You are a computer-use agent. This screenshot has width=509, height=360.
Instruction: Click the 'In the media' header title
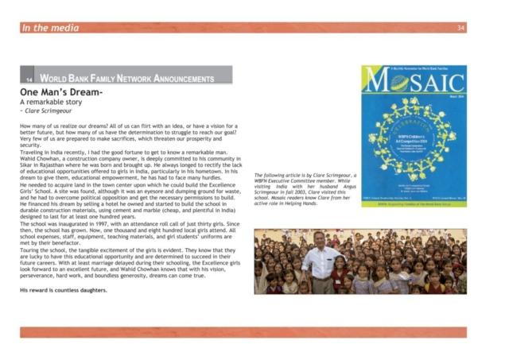[50, 28]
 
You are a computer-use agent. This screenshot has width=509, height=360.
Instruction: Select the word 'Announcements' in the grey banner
[180, 79]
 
